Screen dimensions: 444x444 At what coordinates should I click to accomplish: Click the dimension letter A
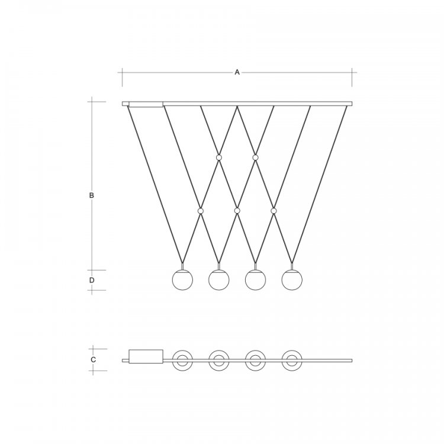pos(237,72)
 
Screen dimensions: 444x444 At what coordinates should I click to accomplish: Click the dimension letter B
pos(91,195)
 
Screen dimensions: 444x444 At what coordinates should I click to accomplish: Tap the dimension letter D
pos(92,280)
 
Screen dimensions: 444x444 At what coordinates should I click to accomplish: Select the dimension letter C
pos(93,359)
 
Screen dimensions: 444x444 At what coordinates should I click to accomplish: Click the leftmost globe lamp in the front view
pos(182,280)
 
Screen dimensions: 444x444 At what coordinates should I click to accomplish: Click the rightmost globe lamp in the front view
pos(292,280)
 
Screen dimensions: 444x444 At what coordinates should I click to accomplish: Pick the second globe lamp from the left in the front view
pos(219,280)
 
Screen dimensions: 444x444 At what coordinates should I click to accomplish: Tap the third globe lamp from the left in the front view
pos(255,280)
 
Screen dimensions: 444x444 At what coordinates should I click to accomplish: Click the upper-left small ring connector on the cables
pos(219,157)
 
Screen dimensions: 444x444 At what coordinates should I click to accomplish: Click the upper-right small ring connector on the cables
pos(255,157)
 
